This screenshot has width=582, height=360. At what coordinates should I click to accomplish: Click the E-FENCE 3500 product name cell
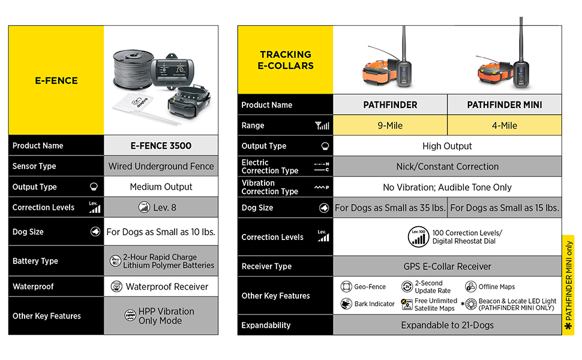161,145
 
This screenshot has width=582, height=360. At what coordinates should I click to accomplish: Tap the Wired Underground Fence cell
161,166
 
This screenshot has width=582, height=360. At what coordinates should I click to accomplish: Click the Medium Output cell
161,187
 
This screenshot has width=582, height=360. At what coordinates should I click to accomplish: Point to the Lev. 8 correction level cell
161,207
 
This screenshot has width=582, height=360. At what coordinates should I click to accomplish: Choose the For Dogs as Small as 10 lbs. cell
161,232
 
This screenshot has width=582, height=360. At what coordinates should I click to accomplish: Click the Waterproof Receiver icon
116,287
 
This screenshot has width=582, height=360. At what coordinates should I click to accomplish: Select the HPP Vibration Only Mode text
166,316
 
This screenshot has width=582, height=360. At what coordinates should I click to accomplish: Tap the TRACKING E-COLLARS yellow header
286,60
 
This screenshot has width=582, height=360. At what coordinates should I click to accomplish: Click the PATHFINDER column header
390,105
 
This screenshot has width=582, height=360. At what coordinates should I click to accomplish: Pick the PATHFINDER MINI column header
504,105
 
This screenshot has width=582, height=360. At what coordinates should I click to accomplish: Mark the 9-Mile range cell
390,125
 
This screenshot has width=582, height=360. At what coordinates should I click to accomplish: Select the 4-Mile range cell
504,125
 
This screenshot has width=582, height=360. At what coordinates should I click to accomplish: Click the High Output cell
447,146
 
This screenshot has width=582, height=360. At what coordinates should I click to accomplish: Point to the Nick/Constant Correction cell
447,166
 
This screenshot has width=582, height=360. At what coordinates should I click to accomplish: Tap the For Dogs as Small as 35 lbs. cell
390,208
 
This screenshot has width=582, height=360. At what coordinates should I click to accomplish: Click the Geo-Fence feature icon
346,287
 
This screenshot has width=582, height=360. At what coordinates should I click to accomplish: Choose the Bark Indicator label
374,304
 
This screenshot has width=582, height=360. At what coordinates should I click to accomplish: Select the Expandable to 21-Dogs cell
447,325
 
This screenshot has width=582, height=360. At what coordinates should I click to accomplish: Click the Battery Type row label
35,261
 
